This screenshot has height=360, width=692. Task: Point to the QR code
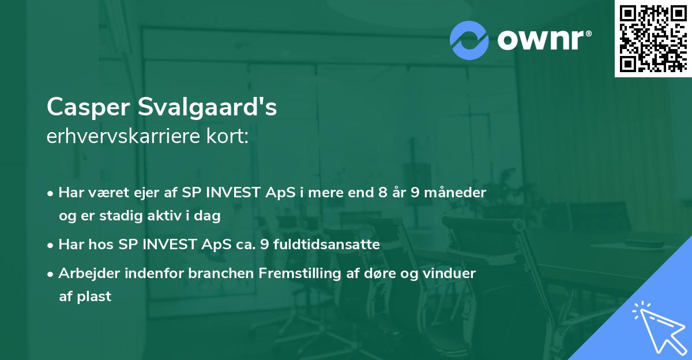pyautogui.click(x=653, y=38)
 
